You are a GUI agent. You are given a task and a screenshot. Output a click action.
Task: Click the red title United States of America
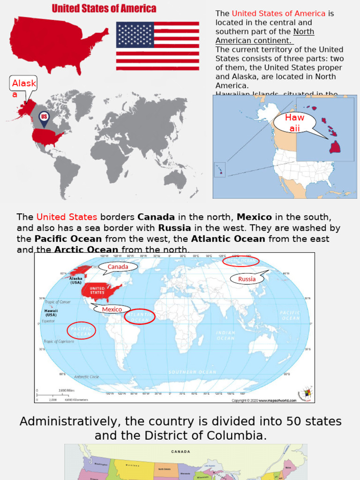tap(104, 8)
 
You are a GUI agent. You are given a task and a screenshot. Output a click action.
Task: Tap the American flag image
tap(157, 46)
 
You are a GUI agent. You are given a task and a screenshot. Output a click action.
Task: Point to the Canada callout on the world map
tap(118, 267)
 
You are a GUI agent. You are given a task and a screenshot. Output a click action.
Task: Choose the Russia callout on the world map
tap(247, 279)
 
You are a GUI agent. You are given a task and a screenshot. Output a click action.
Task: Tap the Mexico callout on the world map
tap(112, 309)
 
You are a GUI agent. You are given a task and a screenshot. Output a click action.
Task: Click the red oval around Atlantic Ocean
tap(140, 317)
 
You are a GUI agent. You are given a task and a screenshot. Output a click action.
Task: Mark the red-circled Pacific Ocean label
tap(81, 330)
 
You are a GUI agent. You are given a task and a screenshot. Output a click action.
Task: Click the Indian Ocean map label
tap(225, 335)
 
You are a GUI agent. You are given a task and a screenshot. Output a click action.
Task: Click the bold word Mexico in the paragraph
tap(254, 217)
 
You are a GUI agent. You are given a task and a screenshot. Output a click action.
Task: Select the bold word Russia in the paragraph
tap(174, 228)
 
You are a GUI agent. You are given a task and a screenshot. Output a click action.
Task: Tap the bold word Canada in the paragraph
tap(156, 217)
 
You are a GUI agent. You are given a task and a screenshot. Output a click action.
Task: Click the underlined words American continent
tap(254, 40)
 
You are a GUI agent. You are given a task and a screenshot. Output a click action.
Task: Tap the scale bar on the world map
tap(55, 395)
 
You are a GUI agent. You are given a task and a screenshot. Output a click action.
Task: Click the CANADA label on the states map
tap(180, 451)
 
